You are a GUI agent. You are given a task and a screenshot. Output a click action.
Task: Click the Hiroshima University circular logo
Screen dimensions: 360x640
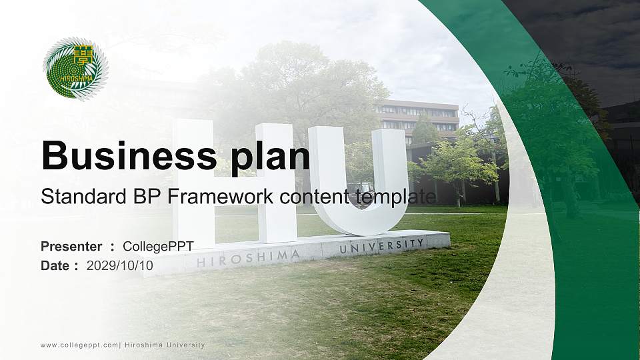(x=75, y=67)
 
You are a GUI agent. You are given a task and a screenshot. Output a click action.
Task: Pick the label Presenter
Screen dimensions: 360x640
(x=71, y=247)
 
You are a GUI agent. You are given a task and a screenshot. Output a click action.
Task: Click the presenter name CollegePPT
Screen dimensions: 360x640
(x=159, y=247)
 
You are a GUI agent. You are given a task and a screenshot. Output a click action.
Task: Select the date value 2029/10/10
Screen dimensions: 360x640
(x=120, y=265)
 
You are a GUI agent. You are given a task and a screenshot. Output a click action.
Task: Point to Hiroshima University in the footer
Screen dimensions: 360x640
(x=165, y=345)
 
